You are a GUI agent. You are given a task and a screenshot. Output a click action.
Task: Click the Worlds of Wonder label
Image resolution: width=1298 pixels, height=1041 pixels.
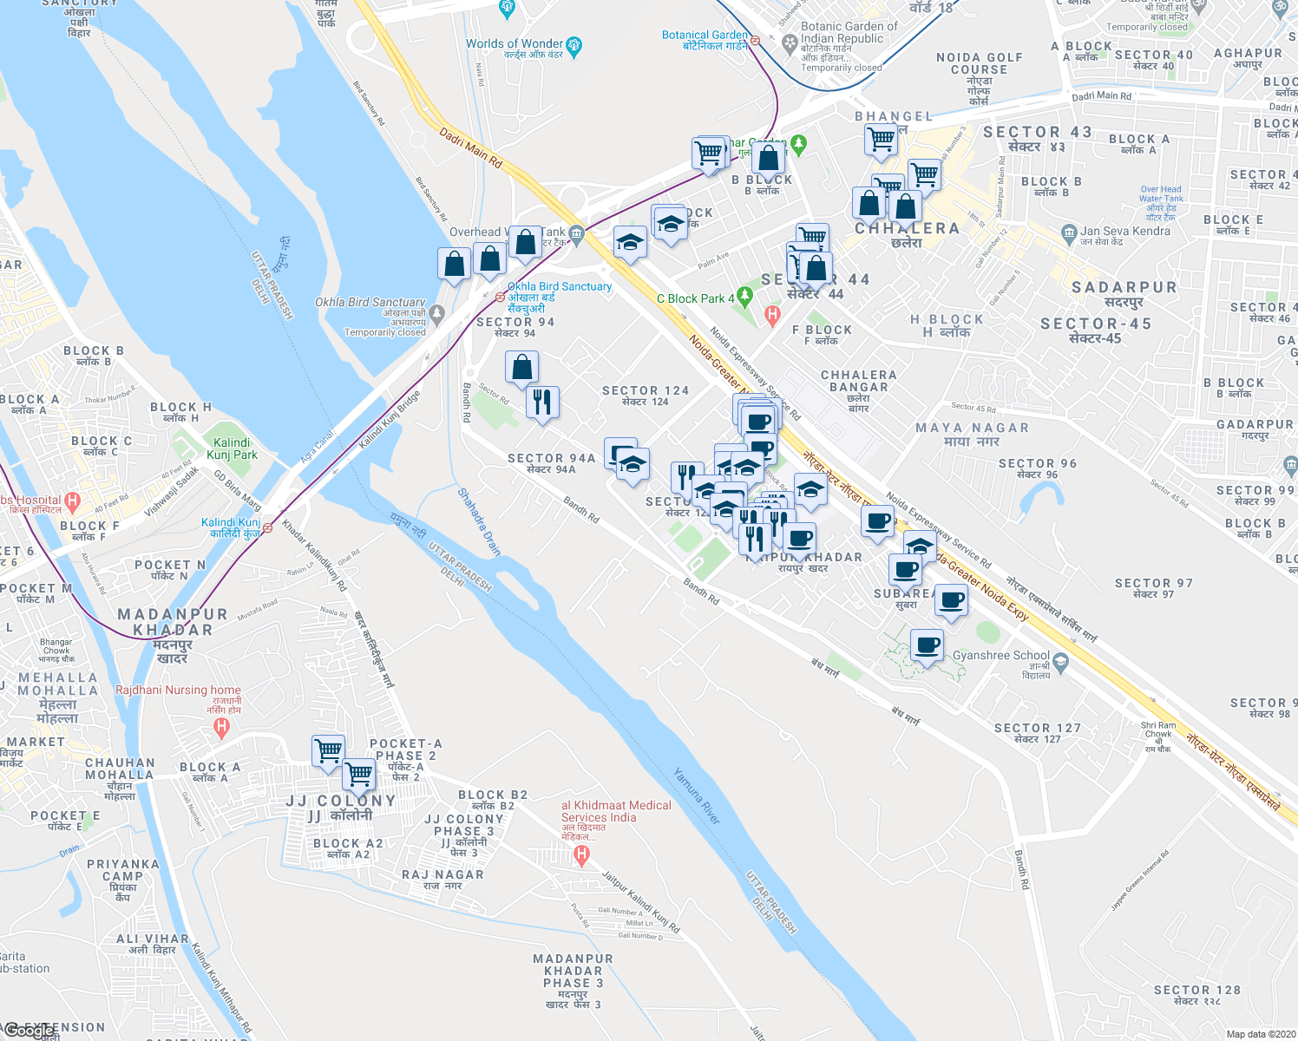515,43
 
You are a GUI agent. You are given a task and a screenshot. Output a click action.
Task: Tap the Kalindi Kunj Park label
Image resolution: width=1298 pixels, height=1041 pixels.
232,448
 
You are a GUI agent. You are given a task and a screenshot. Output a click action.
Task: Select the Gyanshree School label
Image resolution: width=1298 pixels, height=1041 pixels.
1000,656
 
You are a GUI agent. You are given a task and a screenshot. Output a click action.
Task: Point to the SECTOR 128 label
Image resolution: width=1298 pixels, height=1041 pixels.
1197,990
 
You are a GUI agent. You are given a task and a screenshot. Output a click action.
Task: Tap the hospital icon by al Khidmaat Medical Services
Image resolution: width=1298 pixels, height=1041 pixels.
582,854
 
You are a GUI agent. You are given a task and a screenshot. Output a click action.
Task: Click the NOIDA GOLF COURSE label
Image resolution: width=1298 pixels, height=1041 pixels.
980,63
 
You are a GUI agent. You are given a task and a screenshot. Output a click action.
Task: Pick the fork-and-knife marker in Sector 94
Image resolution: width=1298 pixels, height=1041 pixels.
542,403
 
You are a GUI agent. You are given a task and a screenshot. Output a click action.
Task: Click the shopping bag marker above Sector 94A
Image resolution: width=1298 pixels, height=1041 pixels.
521,368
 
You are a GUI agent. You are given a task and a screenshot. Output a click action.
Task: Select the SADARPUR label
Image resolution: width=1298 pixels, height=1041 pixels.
1124,287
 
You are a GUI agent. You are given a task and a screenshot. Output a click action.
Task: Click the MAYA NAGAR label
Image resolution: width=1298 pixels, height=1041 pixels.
972,428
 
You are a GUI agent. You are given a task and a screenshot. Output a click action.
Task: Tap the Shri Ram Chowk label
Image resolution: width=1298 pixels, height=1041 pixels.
1158,730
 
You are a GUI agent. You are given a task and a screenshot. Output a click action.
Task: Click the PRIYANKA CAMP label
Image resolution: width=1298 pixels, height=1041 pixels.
123,870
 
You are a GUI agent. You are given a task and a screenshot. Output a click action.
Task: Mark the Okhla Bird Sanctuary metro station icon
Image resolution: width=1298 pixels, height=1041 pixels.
500,297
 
